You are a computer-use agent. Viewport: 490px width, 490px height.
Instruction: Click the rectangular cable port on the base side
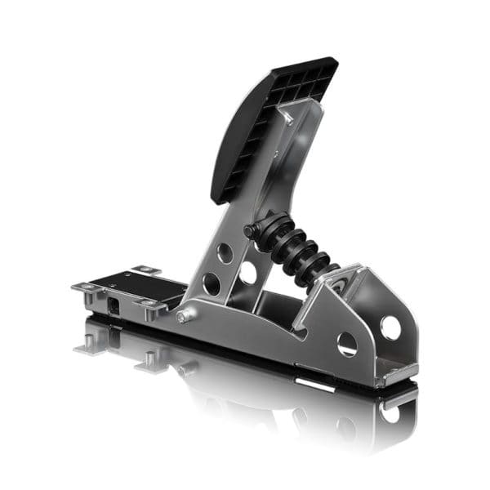pyautogui.click(x=113, y=304)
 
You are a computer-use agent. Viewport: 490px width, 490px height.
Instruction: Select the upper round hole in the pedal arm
pyautogui.click(x=225, y=252)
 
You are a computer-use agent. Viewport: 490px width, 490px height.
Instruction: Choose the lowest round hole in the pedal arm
pyautogui.click(x=211, y=283)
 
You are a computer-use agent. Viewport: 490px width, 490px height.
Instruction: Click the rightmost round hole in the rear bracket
pyautogui.click(x=390, y=327)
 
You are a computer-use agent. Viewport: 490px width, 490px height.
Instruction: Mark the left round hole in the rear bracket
pyautogui.click(x=347, y=344)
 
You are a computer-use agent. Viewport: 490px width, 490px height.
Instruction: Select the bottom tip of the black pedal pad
pyautogui.click(x=219, y=196)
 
